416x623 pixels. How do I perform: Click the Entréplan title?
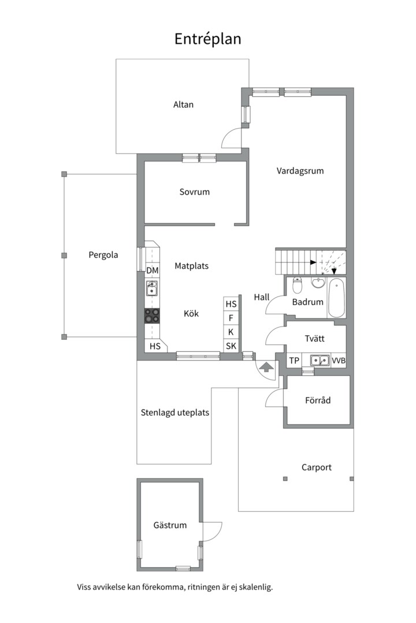[208, 39]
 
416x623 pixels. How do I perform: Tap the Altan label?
[183, 104]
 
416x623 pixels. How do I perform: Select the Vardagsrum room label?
[300, 171]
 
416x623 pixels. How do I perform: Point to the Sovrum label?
[194, 192]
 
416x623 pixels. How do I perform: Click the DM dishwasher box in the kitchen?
[153, 271]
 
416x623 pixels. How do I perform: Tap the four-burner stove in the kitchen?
[152, 316]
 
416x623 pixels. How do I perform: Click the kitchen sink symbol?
[151, 288]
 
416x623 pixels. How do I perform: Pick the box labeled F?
[231, 318]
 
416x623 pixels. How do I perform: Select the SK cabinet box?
[231, 346]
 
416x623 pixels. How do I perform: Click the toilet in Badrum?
[298, 284]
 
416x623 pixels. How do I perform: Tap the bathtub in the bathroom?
[336, 298]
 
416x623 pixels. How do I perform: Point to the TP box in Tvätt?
[294, 361]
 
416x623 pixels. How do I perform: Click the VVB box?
[339, 361]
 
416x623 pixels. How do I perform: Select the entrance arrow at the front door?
[266, 367]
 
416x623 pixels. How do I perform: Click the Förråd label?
[318, 400]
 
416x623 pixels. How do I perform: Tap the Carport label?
[317, 467]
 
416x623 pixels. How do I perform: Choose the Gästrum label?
[170, 526]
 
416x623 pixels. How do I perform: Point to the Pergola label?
[103, 255]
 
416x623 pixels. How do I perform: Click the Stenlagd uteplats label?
[174, 413]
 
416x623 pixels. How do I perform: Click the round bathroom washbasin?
[318, 283]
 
